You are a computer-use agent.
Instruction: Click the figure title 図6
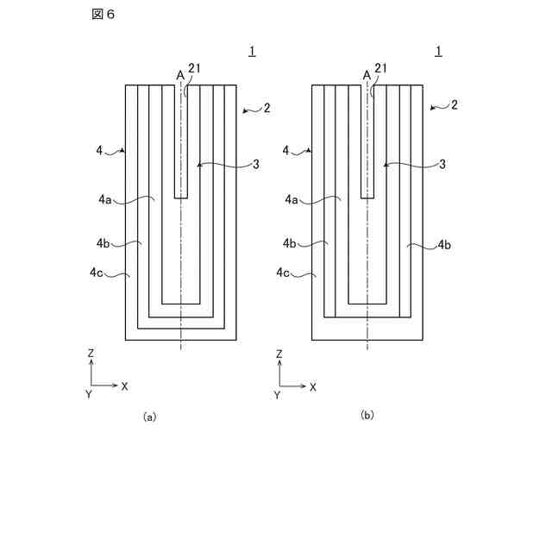103,15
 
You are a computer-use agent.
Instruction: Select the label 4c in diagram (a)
97,273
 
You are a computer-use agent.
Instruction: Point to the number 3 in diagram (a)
256,164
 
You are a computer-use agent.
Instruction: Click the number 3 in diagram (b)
442,164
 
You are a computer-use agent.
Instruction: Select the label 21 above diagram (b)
380,69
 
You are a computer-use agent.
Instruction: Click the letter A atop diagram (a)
180,75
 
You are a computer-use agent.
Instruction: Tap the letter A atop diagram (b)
367,75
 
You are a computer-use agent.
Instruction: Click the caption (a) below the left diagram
149,417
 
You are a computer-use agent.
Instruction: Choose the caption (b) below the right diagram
367,415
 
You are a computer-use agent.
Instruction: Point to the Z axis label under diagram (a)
91,354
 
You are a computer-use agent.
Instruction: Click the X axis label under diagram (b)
312,387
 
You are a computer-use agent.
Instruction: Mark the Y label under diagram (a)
89,394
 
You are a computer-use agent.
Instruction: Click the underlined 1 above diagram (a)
252,51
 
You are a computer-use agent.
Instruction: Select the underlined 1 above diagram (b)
439,51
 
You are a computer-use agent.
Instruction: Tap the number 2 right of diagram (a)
267,108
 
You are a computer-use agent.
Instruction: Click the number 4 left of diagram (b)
286,151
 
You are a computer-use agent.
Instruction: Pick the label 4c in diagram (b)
284,273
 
